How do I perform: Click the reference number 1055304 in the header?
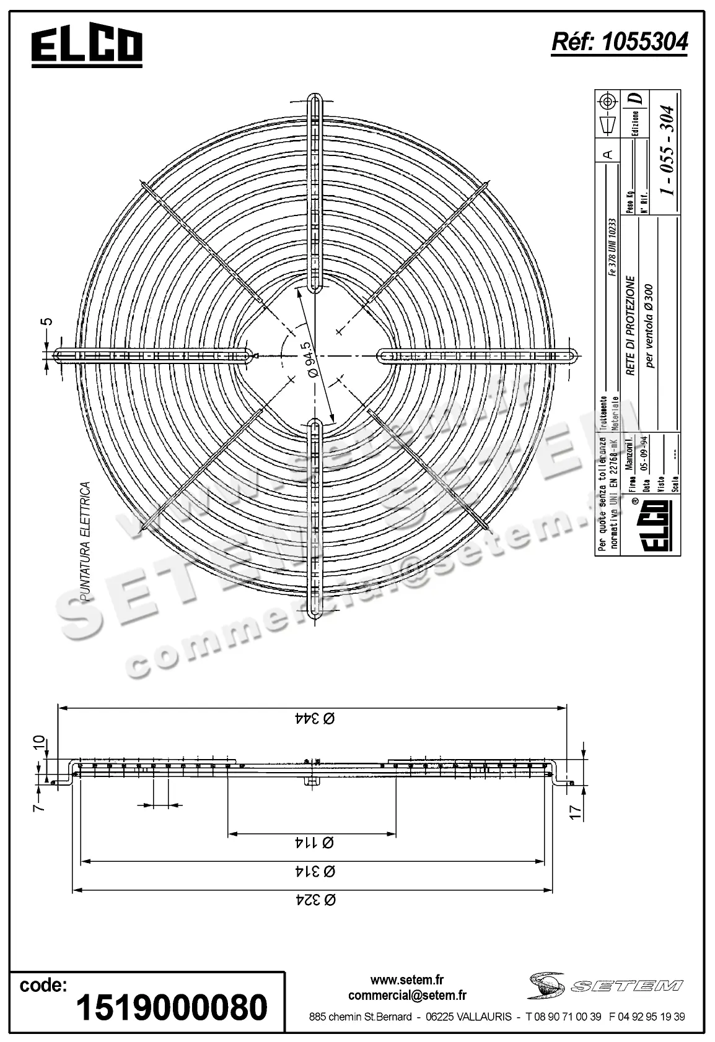[x=619, y=41]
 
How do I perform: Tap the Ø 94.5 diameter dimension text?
[x=312, y=360]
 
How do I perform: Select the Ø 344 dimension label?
[x=313, y=718]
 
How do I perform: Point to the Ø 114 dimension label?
[x=313, y=843]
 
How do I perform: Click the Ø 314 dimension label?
[x=313, y=871]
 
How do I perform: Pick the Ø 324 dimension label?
[x=313, y=900]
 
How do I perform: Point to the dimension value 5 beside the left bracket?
[x=48, y=321]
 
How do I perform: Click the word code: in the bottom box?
[x=43, y=984]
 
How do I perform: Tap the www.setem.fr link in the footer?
[x=407, y=980]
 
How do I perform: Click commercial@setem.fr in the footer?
[x=407, y=995]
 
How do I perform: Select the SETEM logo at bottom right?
[x=604, y=985]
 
